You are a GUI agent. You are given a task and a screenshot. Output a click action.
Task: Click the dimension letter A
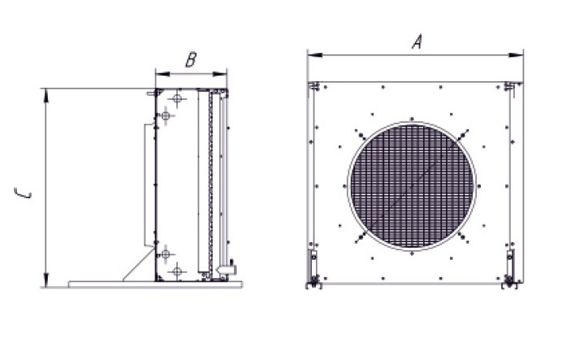417,41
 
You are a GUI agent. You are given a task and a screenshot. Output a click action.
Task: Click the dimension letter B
191,60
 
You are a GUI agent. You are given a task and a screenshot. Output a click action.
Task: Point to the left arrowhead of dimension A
315,55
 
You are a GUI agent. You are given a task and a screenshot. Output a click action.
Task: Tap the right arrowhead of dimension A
516,55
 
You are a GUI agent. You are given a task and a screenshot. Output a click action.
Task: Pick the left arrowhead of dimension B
162,74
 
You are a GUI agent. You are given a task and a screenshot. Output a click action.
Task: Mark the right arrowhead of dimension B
220,74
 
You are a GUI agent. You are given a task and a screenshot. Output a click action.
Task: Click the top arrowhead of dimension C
45,95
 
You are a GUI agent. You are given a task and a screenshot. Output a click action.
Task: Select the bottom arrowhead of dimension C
45,280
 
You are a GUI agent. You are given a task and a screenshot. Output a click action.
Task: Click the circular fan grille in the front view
412,186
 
